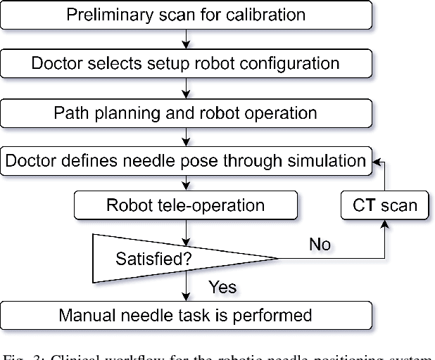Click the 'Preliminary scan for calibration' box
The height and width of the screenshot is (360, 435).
pos(186,15)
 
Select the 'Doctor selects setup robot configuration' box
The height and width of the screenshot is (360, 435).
pos(186,63)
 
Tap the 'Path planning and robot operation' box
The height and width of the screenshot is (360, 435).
pos(186,112)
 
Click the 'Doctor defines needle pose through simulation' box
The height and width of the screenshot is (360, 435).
pos(186,161)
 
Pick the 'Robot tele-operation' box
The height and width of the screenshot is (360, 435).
pos(186,205)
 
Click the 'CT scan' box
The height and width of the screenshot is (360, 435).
pos(384,205)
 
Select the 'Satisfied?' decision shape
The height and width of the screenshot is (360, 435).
pos(155,259)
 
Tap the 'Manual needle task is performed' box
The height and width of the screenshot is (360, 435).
pos(186,314)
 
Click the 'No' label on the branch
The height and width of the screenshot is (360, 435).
pos(320,245)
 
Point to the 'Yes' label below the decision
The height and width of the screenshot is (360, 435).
pos(222,287)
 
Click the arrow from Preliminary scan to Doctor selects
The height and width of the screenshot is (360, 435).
pos(187,39)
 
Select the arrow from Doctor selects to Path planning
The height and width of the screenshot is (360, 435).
pos(187,88)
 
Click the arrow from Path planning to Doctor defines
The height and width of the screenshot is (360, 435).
pos(187,136)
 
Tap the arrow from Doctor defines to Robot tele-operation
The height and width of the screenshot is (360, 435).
pos(187,183)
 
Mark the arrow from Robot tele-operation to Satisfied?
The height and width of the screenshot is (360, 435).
pos(187,226)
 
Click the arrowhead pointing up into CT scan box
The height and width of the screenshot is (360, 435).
pos(384,224)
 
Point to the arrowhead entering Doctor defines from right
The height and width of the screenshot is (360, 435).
pos(377,161)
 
